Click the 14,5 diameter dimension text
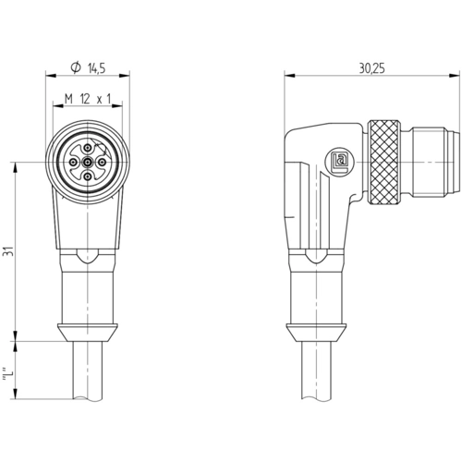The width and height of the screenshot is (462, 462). click(x=97, y=68)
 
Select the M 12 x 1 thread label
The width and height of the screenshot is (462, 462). click(x=88, y=99)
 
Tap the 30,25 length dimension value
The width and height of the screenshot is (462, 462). click(x=372, y=68)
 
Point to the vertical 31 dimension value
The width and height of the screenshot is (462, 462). click(x=8, y=251)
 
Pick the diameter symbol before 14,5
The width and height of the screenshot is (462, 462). click(x=76, y=68)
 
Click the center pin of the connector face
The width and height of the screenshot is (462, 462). click(x=88, y=162)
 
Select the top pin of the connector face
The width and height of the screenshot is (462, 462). click(x=88, y=147)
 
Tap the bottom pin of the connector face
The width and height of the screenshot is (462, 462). click(x=88, y=176)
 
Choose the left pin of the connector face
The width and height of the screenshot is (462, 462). click(x=74, y=162)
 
